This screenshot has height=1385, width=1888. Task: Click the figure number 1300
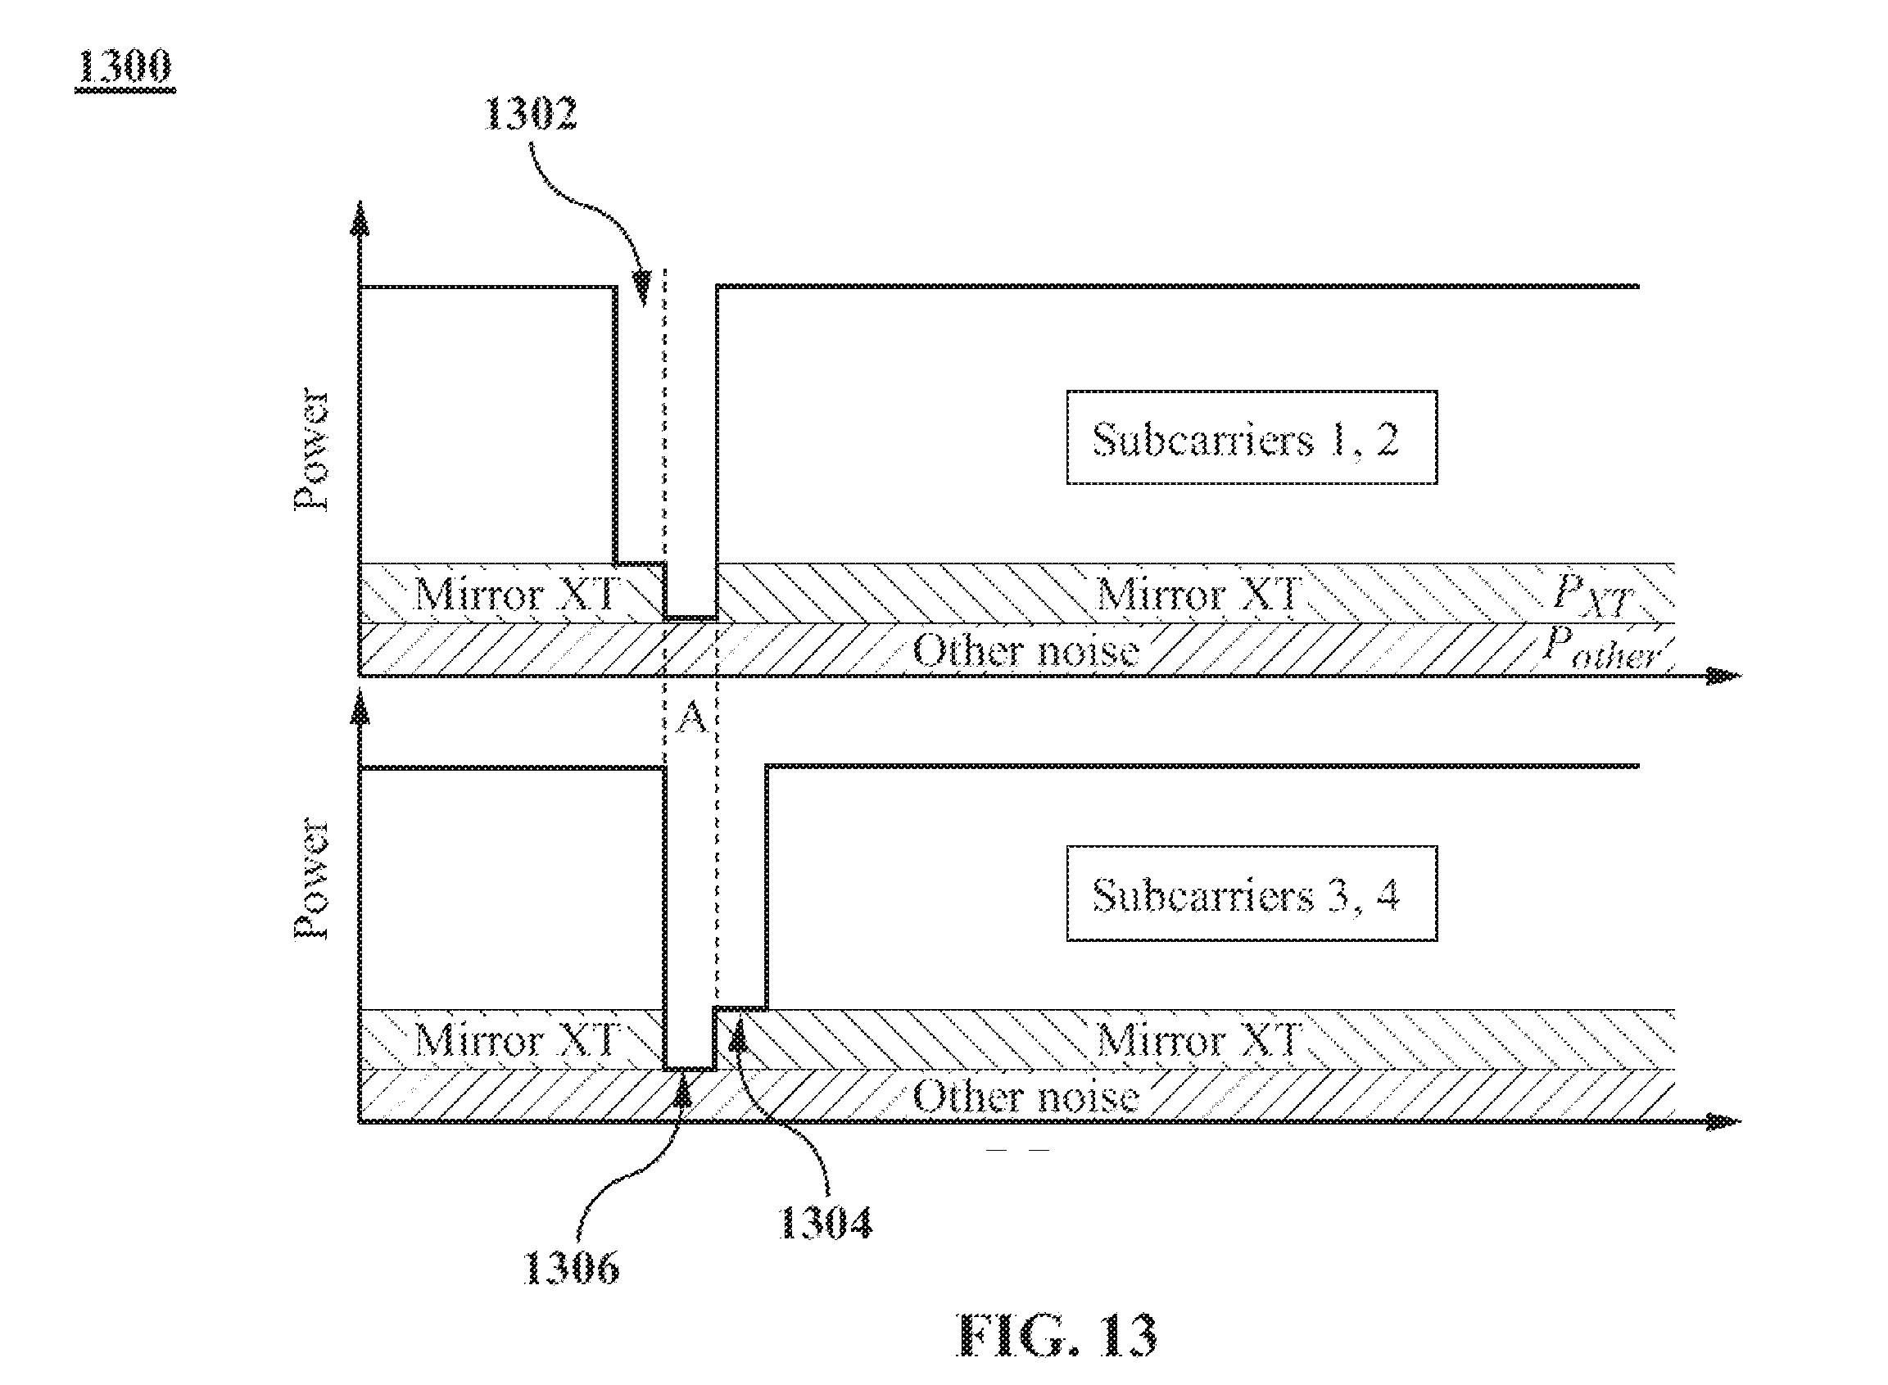click(x=125, y=67)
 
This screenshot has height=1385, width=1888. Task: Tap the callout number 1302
click(x=531, y=114)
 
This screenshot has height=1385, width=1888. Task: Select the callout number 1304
click(x=826, y=1223)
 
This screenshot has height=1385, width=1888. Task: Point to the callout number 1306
click(x=571, y=1267)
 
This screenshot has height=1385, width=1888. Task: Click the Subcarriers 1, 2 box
click(x=1252, y=437)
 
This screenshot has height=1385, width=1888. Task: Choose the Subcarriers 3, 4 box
click(x=1252, y=894)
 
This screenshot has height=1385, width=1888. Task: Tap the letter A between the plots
click(x=690, y=717)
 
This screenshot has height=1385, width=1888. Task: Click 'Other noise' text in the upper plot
click(x=1025, y=650)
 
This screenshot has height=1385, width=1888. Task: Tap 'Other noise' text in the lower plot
click(x=1025, y=1097)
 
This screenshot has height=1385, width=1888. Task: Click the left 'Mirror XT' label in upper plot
click(x=514, y=595)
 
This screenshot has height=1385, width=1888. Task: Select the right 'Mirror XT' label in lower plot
click(x=1199, y=1040)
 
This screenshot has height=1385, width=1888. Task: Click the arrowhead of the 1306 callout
click(x=684, y=1090)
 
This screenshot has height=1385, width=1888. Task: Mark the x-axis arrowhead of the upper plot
click(x=1724, y=675)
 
